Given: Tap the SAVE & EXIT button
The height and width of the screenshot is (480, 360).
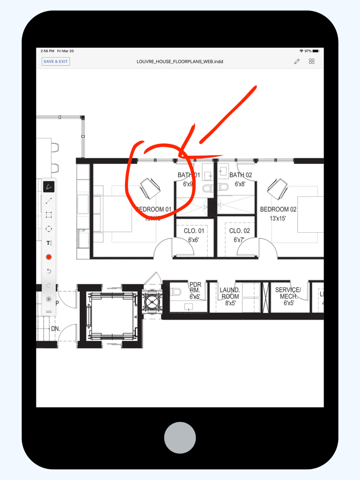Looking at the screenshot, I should [x=56, y=62].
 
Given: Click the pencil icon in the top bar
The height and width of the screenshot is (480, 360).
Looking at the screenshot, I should [x=297, y=62].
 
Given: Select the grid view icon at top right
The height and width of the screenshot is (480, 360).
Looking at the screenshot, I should [x=312, y=62].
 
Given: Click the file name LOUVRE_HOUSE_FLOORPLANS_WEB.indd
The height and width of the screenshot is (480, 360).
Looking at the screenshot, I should [x=179, y=62].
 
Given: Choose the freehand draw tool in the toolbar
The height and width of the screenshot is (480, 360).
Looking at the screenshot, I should [x=49, y=187].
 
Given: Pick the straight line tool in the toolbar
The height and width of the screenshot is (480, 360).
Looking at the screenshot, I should [x=49, y=201].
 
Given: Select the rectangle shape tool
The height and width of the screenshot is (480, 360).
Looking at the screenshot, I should [x=49, y=215].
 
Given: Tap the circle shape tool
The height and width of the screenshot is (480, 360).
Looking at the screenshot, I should [x=49, y=229].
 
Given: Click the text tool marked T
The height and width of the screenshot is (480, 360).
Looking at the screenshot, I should [x=49, y=243].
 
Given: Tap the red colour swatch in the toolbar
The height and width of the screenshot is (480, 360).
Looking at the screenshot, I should [x=49, y=257].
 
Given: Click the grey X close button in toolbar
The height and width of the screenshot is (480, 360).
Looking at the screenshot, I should [x=49, y=299].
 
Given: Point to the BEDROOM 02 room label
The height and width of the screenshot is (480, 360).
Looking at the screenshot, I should [x=278, y=210].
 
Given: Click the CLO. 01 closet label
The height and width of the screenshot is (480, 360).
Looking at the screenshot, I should [x=194, y=231].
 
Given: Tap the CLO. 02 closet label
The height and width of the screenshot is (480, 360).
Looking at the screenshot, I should [x=239, y=231].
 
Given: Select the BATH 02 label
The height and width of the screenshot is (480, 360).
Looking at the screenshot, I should [x=241, y=176].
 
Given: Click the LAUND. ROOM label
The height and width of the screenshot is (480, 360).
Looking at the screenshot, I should [x=230, y=293].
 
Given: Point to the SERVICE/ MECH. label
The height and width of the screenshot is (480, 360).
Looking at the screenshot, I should [x=287, y=293].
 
